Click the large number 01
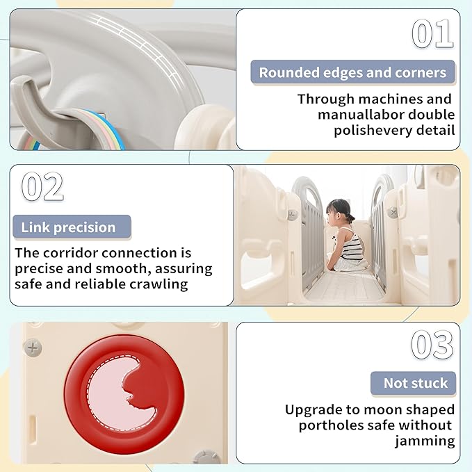(432, 33)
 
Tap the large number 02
(42, 186)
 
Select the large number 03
(432, 344)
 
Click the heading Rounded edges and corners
(352, 72)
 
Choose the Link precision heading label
(68, 227)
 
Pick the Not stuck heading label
(416, 383)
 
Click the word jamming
(425, 441)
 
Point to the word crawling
(159, 284)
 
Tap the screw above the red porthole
(33, 348)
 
